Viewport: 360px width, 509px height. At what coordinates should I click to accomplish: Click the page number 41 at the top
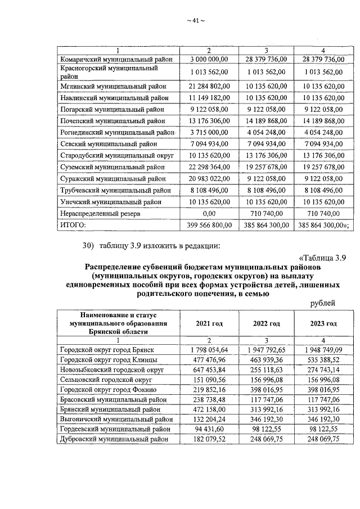pyautogui.click(x=195, y=21)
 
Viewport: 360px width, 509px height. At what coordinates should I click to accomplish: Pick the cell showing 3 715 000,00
pyautogui.click(x=209, y=133)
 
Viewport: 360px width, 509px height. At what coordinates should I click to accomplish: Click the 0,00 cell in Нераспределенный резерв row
pyautogui.click(x=209, y=214)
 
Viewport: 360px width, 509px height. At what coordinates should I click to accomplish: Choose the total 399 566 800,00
pyautogui.click(x=209, y=225)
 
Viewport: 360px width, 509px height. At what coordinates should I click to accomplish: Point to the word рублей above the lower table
pyautogui.click(x=323, y=304)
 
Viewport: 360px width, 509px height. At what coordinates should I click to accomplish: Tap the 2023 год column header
pyautogui.click(x=323, y=324)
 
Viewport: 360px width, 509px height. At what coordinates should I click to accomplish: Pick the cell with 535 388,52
pyautogui.click(x=323, y=361)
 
